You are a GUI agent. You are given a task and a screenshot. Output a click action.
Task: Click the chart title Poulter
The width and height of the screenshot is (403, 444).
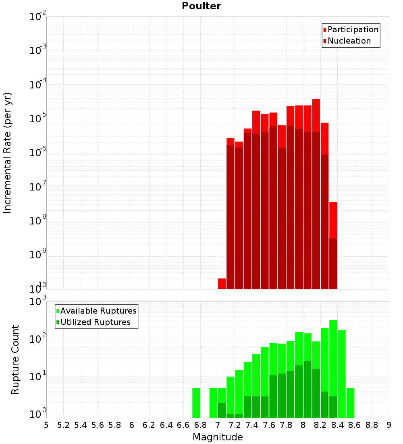(201, 6)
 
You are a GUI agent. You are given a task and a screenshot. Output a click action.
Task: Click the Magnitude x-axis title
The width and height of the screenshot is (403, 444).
(218, 437)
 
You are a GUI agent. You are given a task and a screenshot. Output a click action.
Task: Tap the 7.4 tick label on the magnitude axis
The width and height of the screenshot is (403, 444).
(252, 425)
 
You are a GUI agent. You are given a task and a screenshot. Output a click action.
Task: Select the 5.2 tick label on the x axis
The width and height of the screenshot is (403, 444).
(63, 425)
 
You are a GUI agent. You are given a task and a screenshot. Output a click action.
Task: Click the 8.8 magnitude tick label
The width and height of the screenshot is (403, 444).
(372, 425)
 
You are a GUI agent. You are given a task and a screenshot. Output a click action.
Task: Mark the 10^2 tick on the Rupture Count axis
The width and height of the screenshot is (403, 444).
(38, 339)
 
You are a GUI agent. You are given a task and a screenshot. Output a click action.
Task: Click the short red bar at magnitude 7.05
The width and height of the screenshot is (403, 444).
(222, 284)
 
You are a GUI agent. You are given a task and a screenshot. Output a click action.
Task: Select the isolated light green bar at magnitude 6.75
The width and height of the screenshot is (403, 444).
(196, 403)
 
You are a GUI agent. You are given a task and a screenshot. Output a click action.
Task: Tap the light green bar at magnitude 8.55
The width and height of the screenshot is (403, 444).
(350, 403)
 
